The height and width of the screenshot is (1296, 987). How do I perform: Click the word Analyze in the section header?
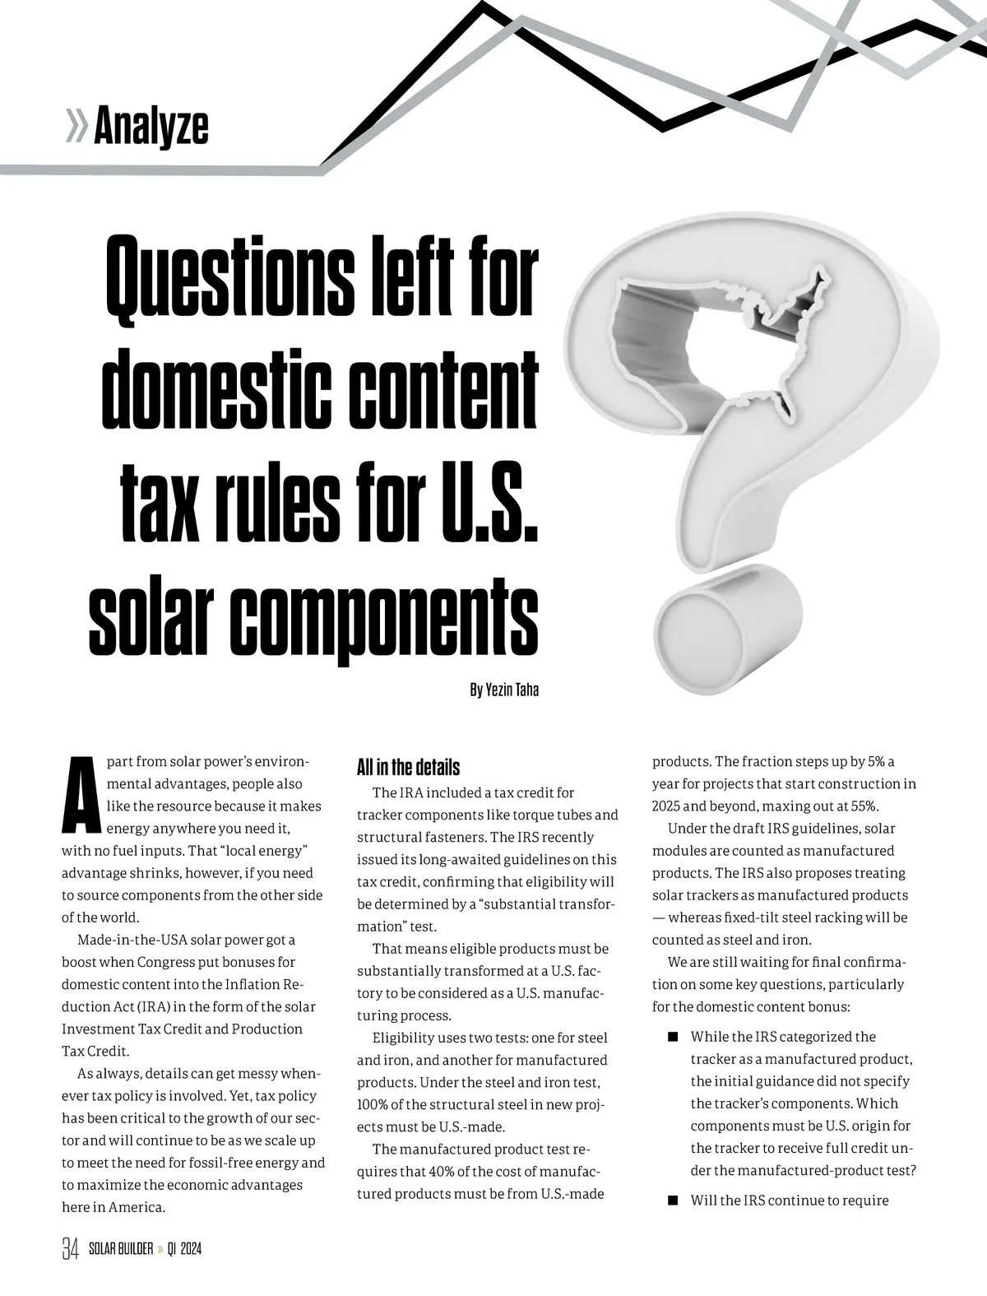coord(151,127)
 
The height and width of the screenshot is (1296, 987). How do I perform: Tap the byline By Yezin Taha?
coord(504,690)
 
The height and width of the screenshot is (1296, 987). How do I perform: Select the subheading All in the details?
coord(408,768)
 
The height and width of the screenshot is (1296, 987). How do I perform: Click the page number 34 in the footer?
coord(71,1249)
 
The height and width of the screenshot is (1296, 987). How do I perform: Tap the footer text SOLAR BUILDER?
coord(121,1249)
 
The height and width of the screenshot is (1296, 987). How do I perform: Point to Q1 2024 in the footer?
coord(184,1249)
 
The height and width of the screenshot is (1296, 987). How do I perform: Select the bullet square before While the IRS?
coord(673,1036)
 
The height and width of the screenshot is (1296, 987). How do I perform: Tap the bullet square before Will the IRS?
coord(673,1200)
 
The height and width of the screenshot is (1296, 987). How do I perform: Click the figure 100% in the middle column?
coord(374,1104)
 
